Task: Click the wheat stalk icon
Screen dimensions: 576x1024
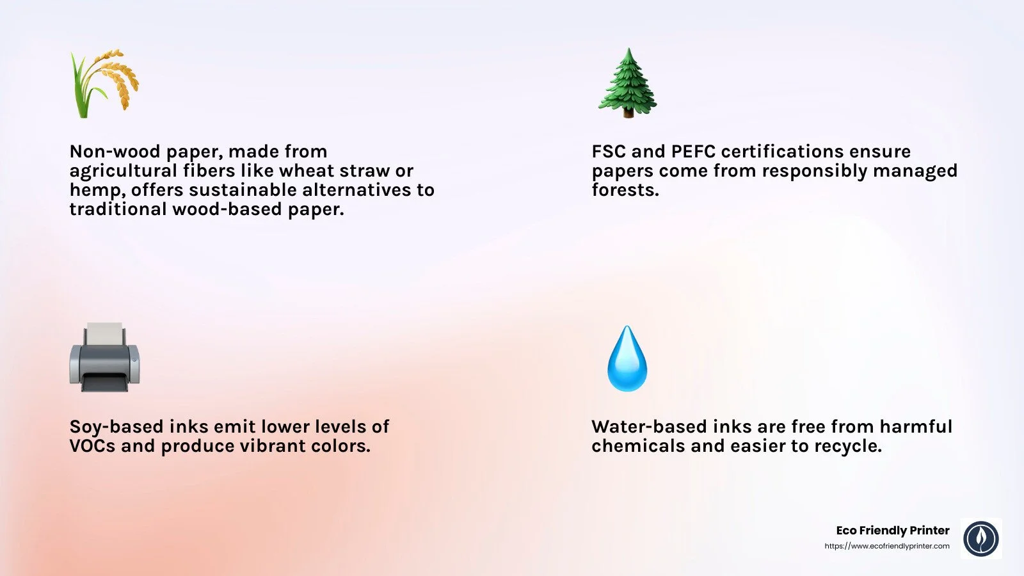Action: [104, 83]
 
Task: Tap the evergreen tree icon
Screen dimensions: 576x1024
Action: [627, 83]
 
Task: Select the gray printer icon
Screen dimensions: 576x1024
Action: [104, 358]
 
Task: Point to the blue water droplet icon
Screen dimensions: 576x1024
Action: [627, 359]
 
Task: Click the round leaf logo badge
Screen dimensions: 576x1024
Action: [981, 538]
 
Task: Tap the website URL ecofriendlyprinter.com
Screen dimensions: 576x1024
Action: [887, 546]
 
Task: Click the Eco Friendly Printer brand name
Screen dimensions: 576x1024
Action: [893, 530]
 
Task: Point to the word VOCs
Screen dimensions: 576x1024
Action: [92, 446]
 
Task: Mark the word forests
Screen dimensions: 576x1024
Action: [625, 190]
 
